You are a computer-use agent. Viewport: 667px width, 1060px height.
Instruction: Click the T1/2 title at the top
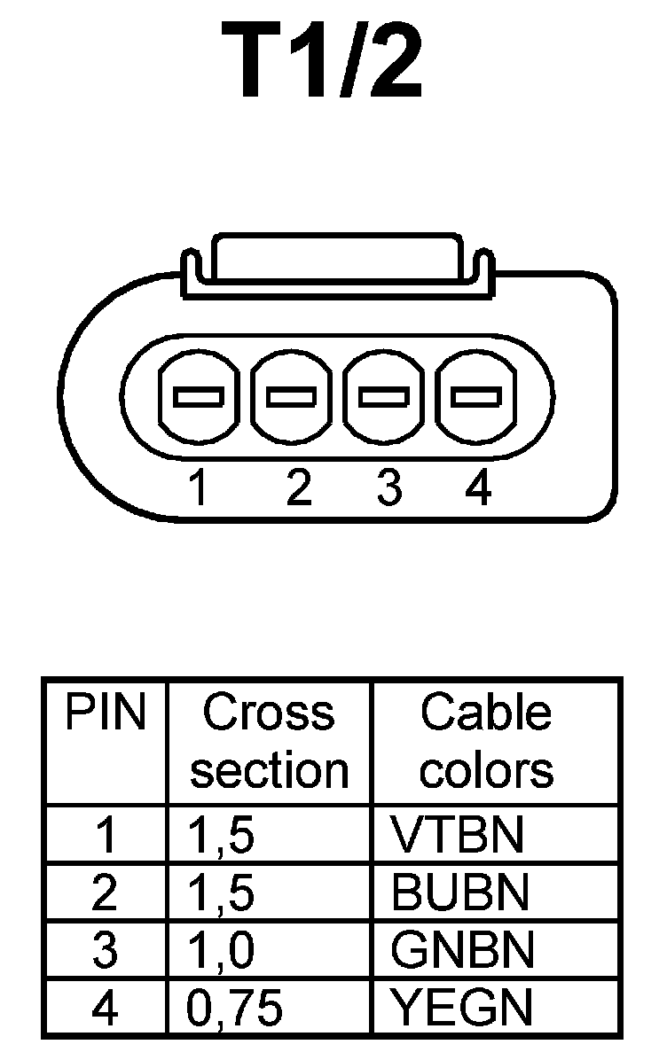click(328, 62)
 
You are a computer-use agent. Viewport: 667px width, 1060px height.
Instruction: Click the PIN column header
click(105, 713)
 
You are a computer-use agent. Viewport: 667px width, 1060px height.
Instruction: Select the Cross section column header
click(269, 742)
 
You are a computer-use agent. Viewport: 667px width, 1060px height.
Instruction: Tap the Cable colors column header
click(486, 742)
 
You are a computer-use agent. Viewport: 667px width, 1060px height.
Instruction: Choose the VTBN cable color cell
click(458, 834)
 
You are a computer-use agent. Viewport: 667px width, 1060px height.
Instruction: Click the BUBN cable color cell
click(459, 892)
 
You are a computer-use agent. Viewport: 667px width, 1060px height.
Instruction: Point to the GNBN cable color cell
click(462, 950)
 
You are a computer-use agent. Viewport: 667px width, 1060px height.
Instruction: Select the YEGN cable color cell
click(461, 1007)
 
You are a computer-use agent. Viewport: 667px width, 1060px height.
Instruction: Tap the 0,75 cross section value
click(235, 1008)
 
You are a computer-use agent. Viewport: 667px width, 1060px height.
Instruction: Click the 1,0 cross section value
click(222, 950)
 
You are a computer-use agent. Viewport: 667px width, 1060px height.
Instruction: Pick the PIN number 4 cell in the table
click(105, 1007)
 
